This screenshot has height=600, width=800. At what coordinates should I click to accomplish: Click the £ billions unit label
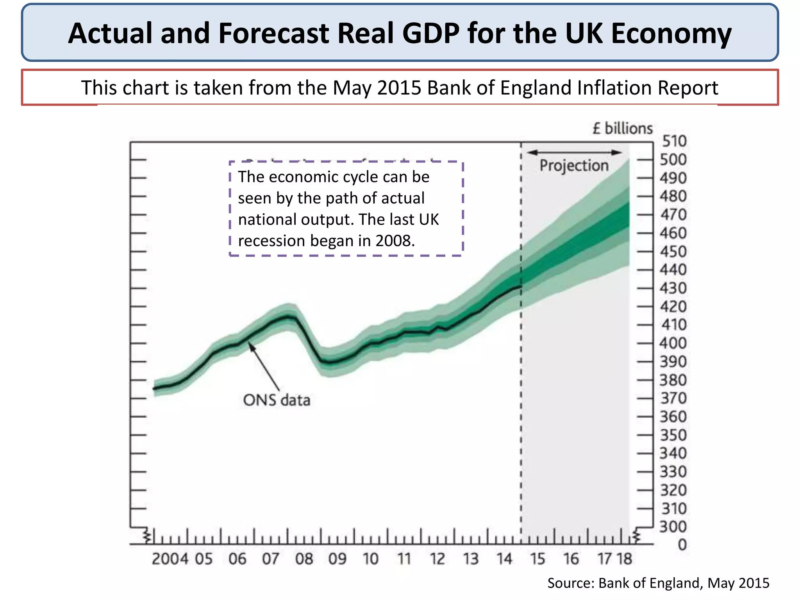tap(622, 129)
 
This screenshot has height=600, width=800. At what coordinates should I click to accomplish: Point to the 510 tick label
tap(674, 141)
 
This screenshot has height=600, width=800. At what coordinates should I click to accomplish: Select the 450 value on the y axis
tap(673, 251)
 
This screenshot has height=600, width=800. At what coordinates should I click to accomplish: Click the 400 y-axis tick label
tap(673, 343)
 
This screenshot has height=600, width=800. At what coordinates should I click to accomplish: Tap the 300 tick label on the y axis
tap(673, 527)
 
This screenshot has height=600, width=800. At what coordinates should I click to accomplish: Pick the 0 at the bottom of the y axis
tap(682, 545)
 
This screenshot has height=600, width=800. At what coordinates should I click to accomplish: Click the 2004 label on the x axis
tap(170, 559)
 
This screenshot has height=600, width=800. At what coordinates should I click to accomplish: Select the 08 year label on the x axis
tap(304, 559)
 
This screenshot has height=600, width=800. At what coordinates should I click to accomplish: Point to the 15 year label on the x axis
tap(537, 559)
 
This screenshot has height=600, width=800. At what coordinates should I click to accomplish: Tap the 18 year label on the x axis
tap(624, 559)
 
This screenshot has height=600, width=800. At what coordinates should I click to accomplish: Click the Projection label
tap(574, 166)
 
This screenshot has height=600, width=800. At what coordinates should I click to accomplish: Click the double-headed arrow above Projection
tap(574, 152)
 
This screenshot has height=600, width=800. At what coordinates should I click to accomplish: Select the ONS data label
tap(277, 400)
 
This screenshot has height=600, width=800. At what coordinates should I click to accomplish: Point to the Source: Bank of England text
tap(658, 583)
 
